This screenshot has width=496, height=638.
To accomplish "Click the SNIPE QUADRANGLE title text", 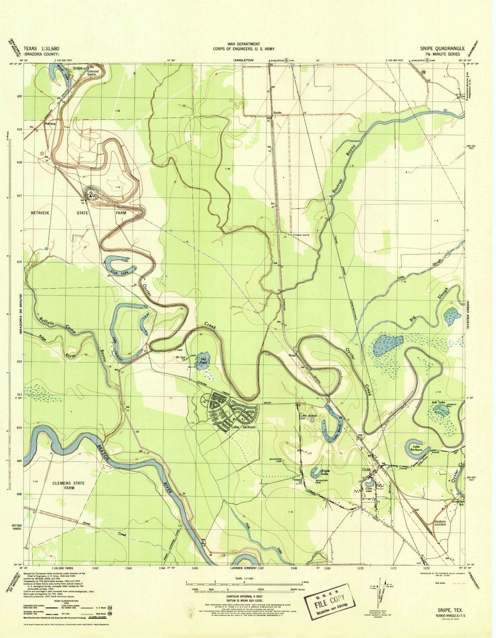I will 439,49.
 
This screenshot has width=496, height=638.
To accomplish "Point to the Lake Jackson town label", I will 243,427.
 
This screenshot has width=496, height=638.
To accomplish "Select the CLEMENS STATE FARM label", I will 69,485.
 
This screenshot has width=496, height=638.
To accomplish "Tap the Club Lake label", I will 120,273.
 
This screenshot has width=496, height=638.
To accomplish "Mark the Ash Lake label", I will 438,402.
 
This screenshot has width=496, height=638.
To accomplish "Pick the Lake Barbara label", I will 417,448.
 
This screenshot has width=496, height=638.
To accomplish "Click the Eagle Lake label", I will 325,473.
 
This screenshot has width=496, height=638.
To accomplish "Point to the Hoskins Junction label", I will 440,523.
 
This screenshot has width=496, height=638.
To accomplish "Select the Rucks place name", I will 277,113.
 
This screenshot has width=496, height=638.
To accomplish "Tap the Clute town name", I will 366,470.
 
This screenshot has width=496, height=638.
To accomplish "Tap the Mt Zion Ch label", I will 184,358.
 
